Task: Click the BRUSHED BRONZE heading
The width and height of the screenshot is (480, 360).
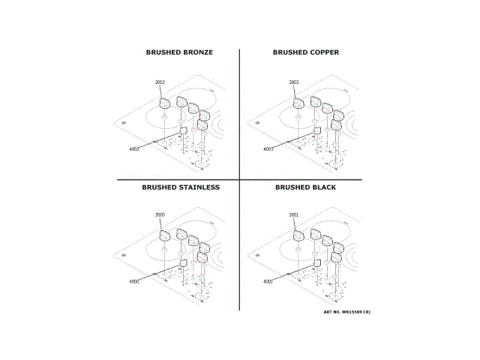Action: [179, 52]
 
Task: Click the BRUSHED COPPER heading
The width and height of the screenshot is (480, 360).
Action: [305, 52]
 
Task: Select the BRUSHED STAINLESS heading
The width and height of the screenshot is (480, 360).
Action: [181, 187]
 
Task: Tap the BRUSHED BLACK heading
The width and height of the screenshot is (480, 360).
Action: [305, 187]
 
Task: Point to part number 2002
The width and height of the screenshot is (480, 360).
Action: [160, 82]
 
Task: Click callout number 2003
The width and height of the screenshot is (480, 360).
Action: [294, 82]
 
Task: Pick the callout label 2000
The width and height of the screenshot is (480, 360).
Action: [160, 215]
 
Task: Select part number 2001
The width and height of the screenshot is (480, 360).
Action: [294, 215]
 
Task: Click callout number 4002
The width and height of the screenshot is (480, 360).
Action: [134, 149]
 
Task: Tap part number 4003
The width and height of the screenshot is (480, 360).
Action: [268, 149]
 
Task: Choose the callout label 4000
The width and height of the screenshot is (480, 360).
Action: [134, 282]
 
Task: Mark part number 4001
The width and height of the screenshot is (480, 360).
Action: [268, 282]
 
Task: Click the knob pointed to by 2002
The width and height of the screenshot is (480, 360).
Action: [164, 103]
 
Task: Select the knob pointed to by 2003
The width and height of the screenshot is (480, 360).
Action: [298, 103]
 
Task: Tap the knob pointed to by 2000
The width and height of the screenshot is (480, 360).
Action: [164, 236]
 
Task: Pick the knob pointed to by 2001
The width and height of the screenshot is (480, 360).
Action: [298, 236]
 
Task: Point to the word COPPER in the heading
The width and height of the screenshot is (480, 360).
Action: [322, 52]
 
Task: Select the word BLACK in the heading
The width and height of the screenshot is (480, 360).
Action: [323, 187]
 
